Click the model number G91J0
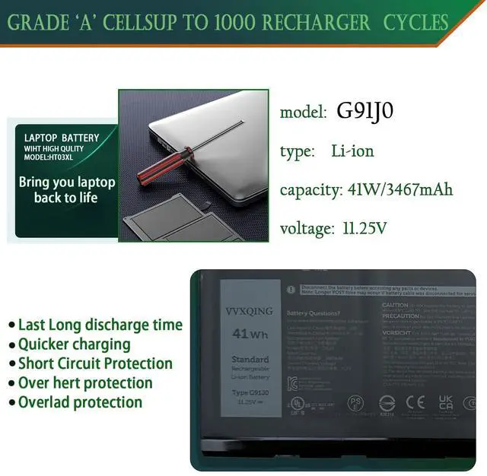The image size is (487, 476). tap(365, 112)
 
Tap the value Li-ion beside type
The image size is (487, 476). tap(352, 151)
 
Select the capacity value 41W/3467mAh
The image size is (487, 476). tap(398, 189)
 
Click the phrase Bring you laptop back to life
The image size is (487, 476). tap(67, 190)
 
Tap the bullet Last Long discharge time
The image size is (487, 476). tap(100, 325)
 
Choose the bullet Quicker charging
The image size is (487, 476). tap(74, 344)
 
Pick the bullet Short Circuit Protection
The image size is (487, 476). tap(95, 363)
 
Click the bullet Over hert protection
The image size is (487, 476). tap(84, 382)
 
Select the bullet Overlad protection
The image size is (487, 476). tap(80, 402)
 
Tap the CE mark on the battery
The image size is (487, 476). tap(415, 402)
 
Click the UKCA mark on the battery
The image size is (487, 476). tap(446, 402)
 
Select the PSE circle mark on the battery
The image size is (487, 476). tap(355, 402)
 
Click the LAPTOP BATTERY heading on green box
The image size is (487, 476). tap(62, 138)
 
